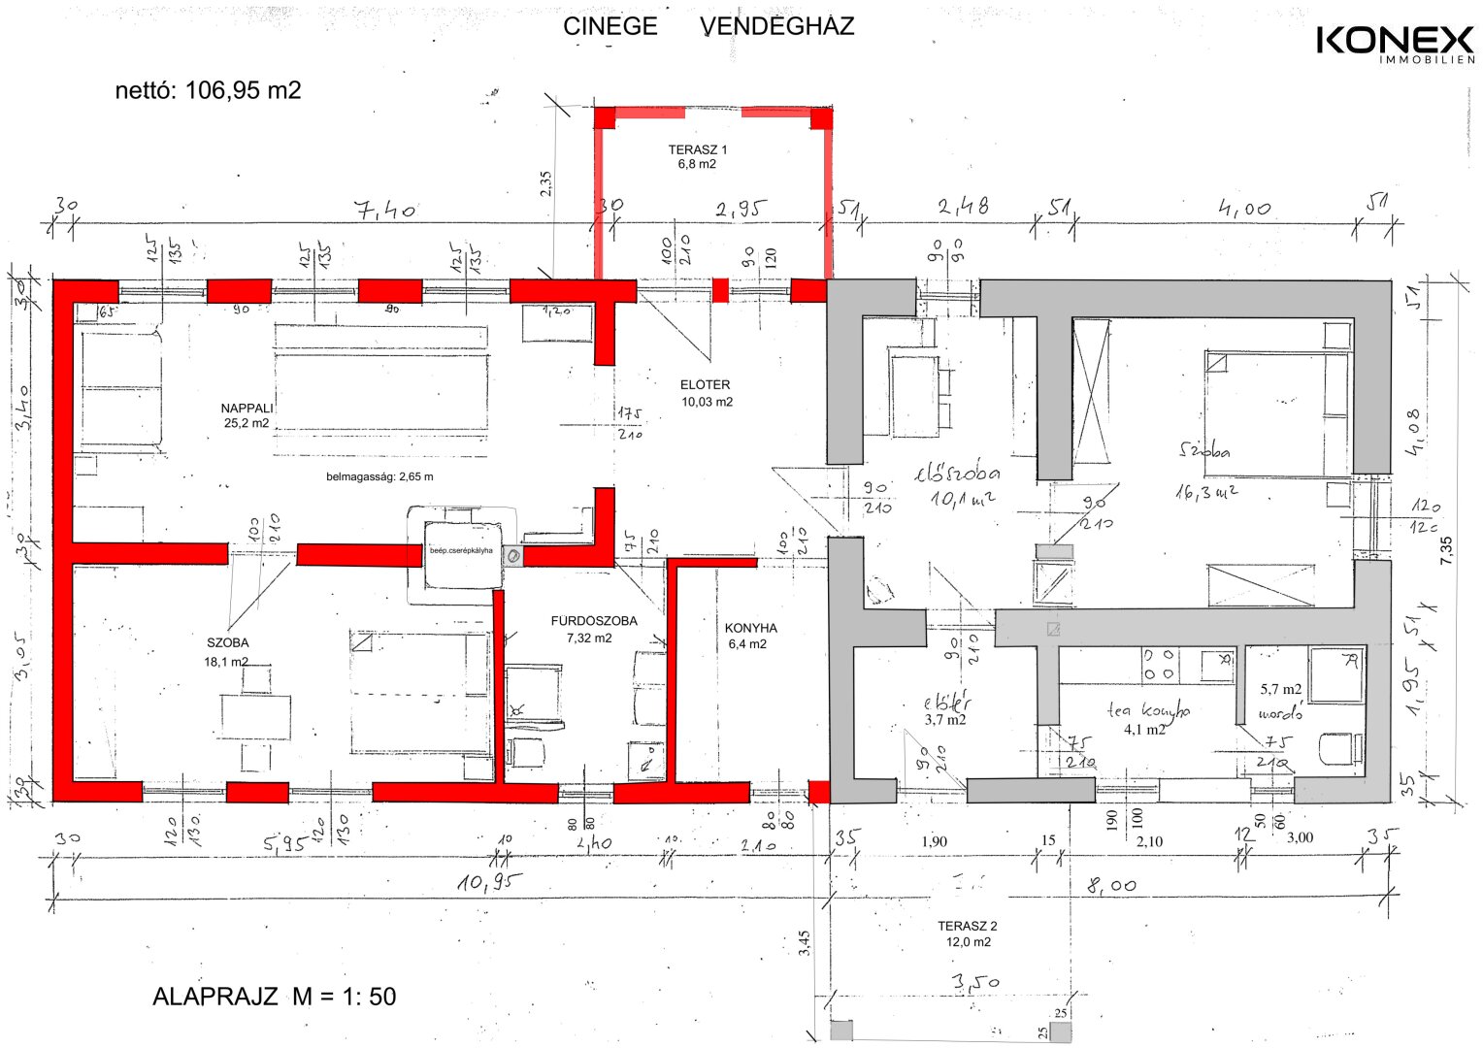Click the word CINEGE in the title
610,26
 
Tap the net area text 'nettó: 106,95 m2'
208,90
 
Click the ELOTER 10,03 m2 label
706,393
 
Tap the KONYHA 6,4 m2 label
750,636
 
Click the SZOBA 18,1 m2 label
227,651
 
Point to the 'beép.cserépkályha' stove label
461,551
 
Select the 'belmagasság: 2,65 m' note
379,476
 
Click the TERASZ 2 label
968,933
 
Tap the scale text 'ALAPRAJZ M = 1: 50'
274,997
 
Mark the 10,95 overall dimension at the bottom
489,882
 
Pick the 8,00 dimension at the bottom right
1110,885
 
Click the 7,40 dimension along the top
384,209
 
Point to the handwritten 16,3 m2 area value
1206,492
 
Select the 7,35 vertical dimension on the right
1445,549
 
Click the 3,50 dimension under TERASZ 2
975,983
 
